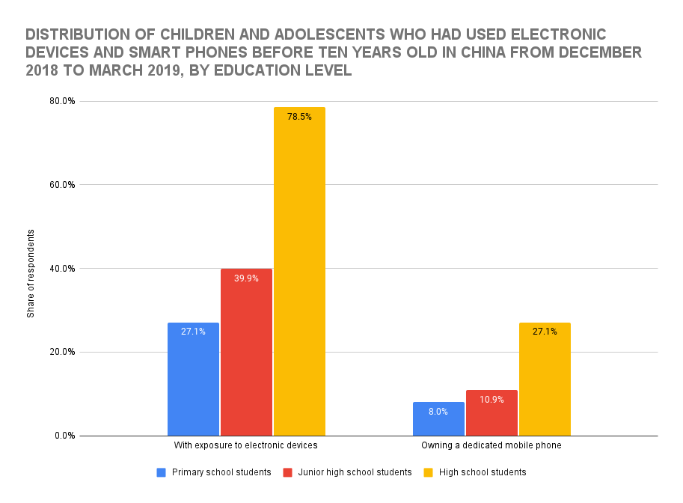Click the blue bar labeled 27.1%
(193, 379)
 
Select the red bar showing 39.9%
(246, 352)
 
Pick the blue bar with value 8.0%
(438, 418)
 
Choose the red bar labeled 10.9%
(491, 412)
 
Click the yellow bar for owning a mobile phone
(545, 379)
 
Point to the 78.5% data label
(299, 116)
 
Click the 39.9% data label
(246, 278)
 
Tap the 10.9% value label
(491, 400)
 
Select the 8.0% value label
(438, 411)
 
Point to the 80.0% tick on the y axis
(63, 101)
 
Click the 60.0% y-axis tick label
(63, 185)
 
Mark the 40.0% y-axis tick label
(63, 269)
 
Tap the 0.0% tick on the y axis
(65, 436)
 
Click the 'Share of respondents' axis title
(31, 272)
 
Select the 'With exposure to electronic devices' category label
(246, 445)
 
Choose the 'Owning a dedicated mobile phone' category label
(491, 445)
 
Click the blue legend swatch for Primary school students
(161, 472)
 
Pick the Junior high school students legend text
(355, 472)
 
